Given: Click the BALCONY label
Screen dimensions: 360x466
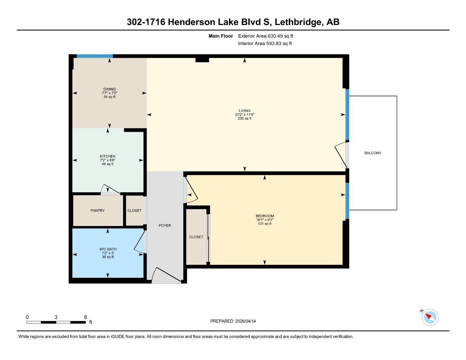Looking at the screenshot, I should click(372, 153).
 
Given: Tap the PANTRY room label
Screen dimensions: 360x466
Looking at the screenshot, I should click(97, 211).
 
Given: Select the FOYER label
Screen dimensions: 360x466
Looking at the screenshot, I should click(165, 225).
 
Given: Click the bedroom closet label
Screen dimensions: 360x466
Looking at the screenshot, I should click(196, 237).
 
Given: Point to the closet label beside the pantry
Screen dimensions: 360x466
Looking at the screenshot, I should click(134, 211).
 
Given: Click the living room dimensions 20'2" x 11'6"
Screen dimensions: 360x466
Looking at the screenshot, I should click(244, 115).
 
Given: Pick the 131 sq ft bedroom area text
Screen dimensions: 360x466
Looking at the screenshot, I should click(264, 224).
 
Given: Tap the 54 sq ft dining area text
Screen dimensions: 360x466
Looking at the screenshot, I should click(109, 97).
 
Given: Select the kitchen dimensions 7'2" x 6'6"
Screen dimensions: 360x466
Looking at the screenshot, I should click(107, 160).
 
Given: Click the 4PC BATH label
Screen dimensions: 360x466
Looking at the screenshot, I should click(108, 249).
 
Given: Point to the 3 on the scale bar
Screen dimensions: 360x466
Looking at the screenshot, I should click(56, 317).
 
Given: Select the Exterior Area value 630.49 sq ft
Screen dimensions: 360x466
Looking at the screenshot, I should click(280, 36).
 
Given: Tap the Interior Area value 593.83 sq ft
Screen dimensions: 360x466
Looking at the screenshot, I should click(279, 44).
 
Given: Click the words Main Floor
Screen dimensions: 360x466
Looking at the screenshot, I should click(221, 36).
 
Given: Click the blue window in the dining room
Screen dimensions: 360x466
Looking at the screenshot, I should click(95, 56).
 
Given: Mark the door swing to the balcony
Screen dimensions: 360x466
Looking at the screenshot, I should click(340, 155).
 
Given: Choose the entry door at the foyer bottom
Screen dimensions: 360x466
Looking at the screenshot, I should click(166, 276).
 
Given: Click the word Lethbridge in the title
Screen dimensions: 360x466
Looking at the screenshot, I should click(298, 22).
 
